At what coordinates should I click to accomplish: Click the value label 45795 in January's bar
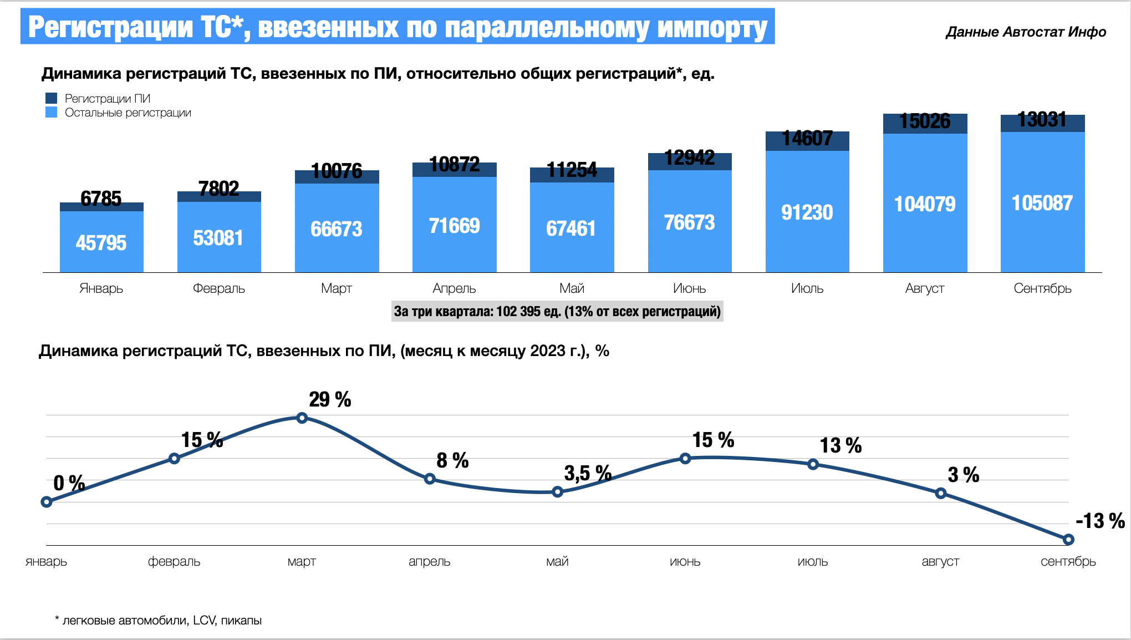tap(101, 243)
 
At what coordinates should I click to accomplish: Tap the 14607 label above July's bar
tap(807, 138)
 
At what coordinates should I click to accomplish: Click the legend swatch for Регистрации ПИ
tap(51, 98)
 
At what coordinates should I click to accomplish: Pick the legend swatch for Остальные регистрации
tap(51, 113)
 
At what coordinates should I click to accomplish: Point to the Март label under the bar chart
tap(337, 288)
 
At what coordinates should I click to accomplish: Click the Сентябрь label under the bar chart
tap(1042, 288)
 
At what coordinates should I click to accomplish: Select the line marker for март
tap(302, 418)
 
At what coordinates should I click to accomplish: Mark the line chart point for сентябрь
tap(1068, 539)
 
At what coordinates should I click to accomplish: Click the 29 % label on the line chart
tap(330, 399)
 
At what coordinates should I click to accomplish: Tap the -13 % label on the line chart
tap(1100, 521)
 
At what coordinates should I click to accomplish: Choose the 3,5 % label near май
tap(588, 473)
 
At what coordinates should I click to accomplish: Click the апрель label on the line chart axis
tap(429, 561)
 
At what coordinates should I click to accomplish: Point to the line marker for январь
tap(47, 502)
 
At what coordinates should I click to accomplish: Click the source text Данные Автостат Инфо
tap(1026, 32)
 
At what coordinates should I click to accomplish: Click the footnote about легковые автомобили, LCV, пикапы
tap(159, 621)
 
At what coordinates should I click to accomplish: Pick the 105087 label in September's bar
tap(1042, 203)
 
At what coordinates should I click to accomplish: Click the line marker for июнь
tap(685, 458)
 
